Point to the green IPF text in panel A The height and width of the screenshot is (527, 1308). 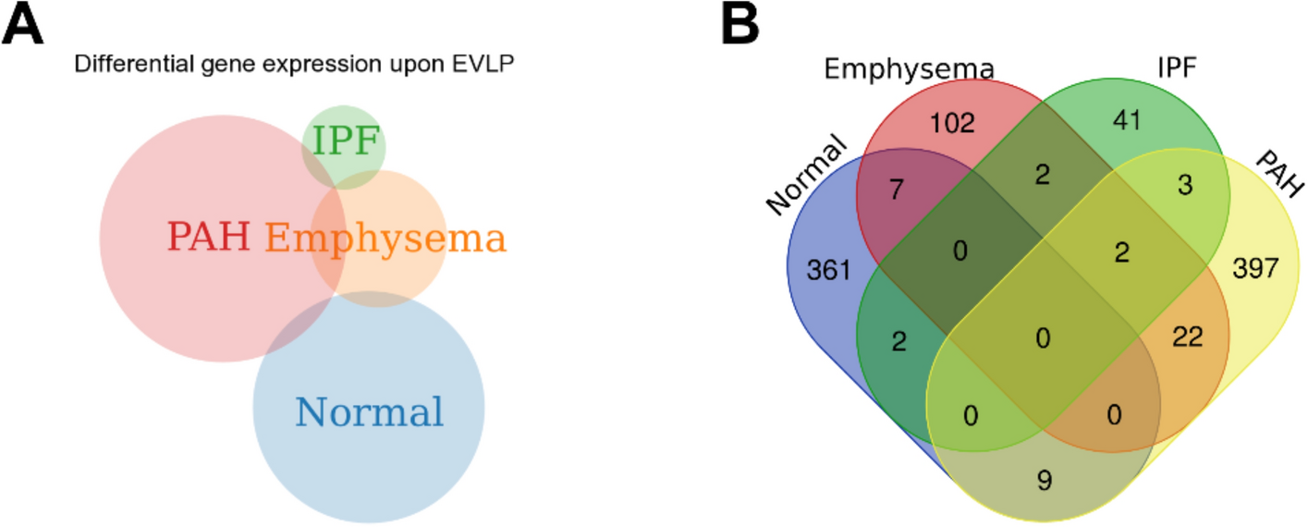(x=345, y=141)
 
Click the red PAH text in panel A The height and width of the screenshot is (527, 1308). (x=209, y=238)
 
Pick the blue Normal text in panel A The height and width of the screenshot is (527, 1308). (x=369, y=411)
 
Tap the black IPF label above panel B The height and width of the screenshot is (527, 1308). (x=1179, y=70)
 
